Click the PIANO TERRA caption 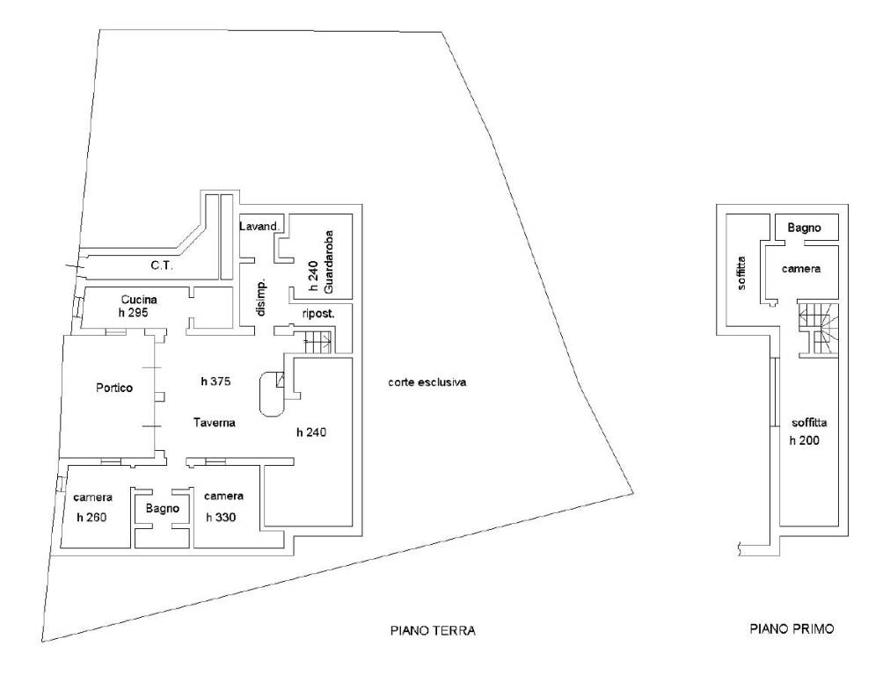tap(433, 630)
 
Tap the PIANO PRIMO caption tap(792, 628)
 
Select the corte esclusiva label tap(427, 382)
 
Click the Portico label tap(114, 388)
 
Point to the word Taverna tap(214, 423)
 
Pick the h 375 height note tap(215, 381)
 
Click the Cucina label tap(139, 300)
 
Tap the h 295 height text tap(134, 313)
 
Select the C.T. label tap(162, 265)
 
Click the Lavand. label tap(259, 227)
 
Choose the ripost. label tap(318, 314)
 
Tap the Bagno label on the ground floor tap(163, 509)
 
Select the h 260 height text tap(91, 518)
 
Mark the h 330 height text tap(221, 518)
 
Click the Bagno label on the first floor tap(804, 228)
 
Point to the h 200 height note tap(805, 440)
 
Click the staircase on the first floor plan tap(818, 330)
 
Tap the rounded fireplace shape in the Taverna tap(272, 395)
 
